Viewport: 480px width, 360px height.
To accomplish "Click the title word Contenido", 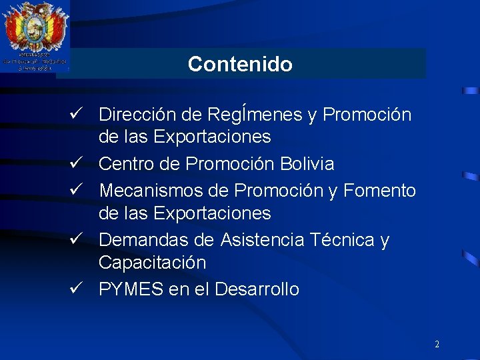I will pos(240,64).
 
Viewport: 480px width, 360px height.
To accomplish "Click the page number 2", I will pos(437,345).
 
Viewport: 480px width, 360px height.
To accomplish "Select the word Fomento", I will pos(380,191).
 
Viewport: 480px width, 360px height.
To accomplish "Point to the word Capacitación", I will pos(152,263).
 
